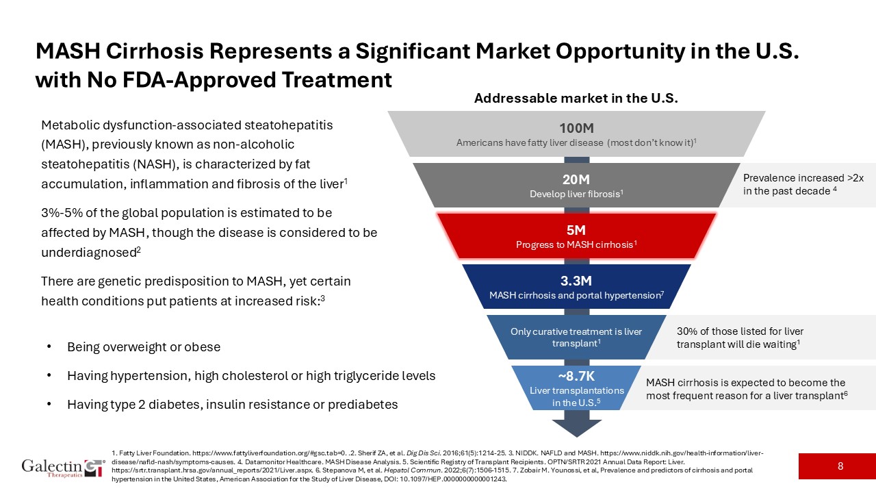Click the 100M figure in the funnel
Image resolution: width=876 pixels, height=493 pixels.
click(576, 128)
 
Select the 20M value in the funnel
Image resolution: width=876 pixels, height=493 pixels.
click(576, 179)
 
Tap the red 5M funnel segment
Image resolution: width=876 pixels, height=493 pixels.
click(576, 237)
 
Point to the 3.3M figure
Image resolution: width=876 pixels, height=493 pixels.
click(576, 281)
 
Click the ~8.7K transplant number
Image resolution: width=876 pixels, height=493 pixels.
click(576, 377)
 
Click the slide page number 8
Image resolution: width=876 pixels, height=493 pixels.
click(840, 466)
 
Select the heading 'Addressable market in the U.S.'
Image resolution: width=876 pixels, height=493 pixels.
click(576, 99)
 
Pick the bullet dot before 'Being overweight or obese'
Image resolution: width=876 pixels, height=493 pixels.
click(49, 347)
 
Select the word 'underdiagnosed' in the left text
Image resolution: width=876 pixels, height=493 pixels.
click(88, 253)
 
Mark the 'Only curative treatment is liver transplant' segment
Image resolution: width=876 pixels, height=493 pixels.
click(576, 337)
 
